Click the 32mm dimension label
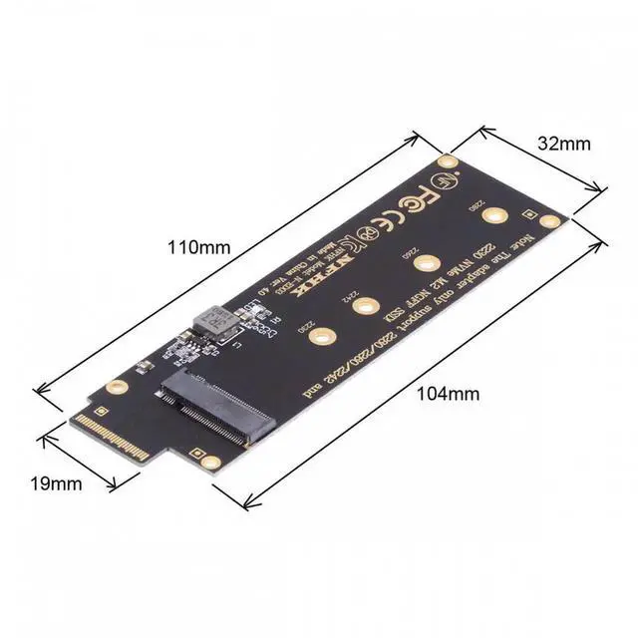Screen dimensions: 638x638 [x=563, y=143]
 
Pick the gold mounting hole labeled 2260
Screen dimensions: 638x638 [x=428, y=263]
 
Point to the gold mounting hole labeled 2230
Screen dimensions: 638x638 [x=320, y=338]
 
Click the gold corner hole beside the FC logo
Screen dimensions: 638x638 [x=449, y=161]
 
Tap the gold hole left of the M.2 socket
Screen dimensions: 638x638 [x=118, y=387]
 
